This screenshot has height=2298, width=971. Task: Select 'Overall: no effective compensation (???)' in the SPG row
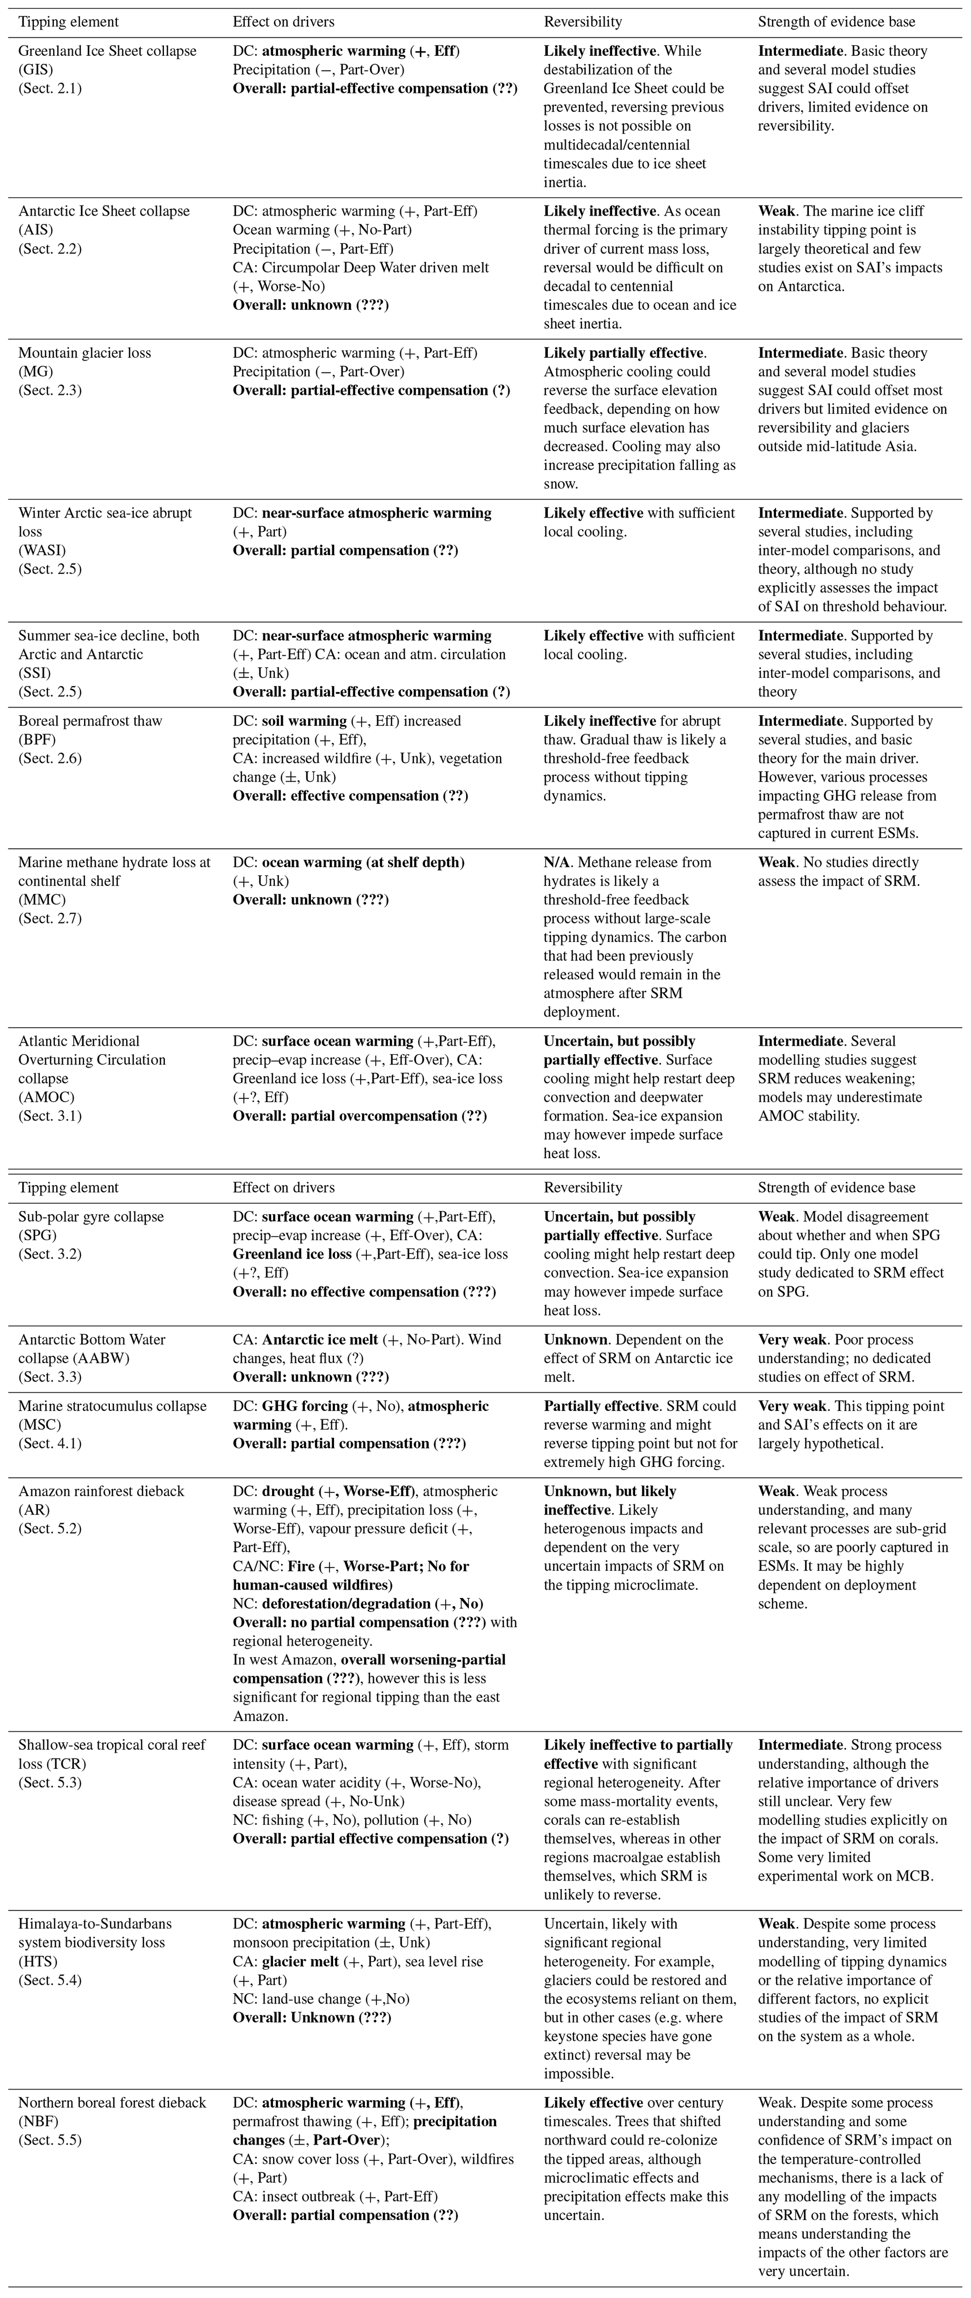pyautogui.click(x=364, y=1292)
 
